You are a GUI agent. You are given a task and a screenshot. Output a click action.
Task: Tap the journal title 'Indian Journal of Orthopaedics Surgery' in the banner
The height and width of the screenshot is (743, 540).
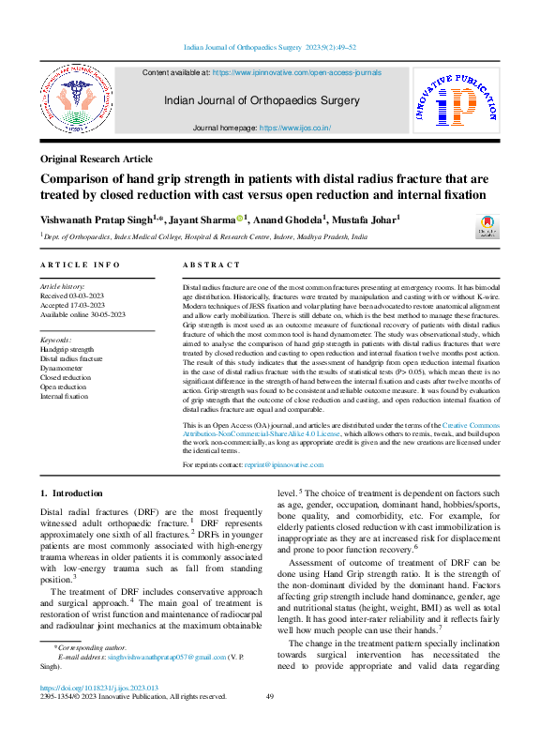click(x=262, y=100)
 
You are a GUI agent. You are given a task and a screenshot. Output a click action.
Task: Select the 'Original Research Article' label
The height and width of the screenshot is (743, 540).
click(x=97, y=159)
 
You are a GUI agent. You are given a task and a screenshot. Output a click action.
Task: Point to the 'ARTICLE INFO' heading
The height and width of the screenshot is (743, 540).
click(x=80, y=265)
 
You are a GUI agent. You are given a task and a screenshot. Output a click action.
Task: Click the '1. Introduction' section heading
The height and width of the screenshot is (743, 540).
click(x=71, y=493)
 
